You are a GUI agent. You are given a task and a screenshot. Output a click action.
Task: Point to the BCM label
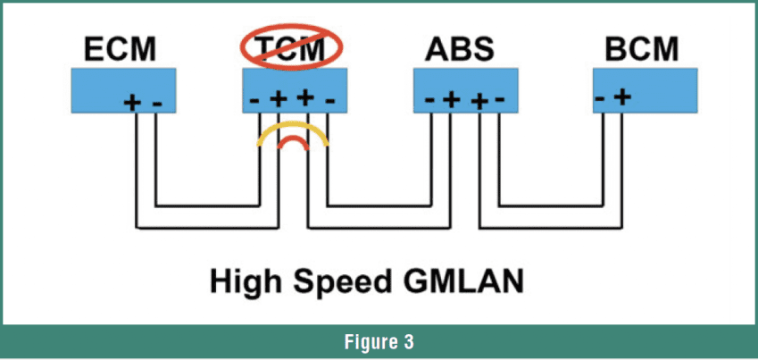pyautogui.click(x=642, y=50)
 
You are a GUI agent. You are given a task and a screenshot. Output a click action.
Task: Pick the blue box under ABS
pyautogui.click(x=465, y=91)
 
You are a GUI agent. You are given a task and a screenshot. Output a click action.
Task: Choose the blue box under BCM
pyautogui.click(x=644, y=90)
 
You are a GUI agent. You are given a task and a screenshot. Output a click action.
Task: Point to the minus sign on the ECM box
pyautogui.click(x=157, y=103)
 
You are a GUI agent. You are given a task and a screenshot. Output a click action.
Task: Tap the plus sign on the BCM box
pyautogui.click(x=622, y=96)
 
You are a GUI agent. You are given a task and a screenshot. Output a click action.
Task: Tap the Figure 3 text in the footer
pyautogui.click(x=379, y=340)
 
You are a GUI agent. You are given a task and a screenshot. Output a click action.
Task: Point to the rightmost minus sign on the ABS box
pyautogui.click(x=500, y=99)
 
